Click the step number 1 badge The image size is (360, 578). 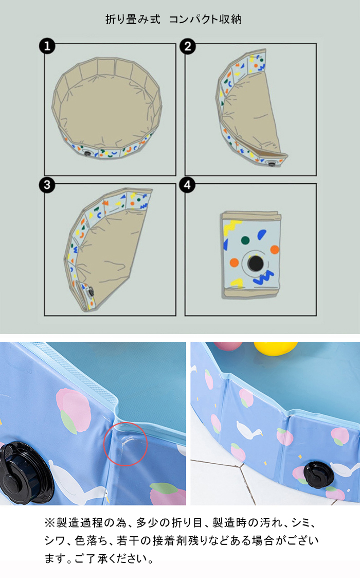point(47,46)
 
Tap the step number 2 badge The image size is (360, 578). point(188,46)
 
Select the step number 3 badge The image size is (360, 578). point(47,185)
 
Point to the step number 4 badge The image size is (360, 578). point(187,185)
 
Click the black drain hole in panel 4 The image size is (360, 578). point(256,263)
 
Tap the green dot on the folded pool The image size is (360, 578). point(245,240)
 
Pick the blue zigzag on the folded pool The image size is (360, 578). point(263,277)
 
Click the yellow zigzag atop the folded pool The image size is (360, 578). point(232,226)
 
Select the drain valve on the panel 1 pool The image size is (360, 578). point(87,153)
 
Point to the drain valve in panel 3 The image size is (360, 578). point(89,292)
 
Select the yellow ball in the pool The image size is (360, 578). point(275,349)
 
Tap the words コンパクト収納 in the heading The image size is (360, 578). point(205,19)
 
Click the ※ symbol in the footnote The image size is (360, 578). point(50,522)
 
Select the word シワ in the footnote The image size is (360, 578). point(55,540)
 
